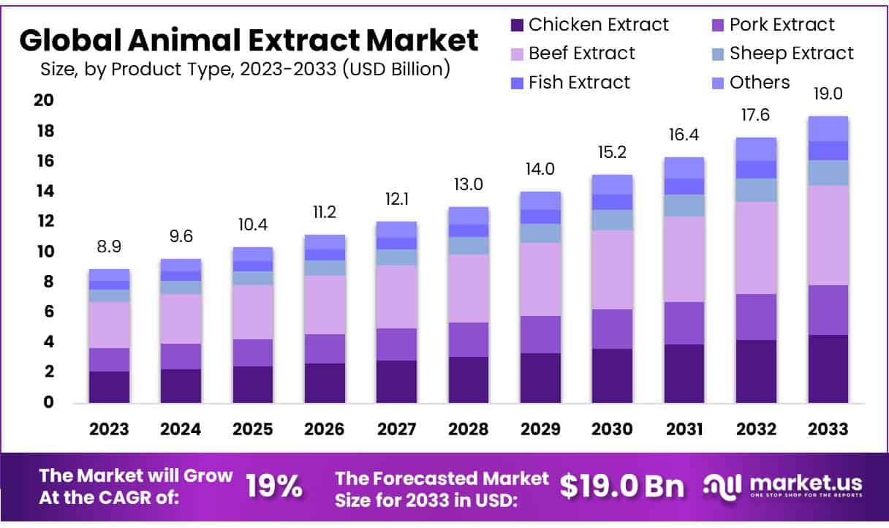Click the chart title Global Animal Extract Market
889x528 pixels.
coord(249,39)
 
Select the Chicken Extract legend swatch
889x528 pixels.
coord(517,25)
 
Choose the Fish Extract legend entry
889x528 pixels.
coord(570,82)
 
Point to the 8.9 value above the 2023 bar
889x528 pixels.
coord(109,247)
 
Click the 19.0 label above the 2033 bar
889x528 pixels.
coord(828,94)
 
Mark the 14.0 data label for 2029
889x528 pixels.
coord(540,169)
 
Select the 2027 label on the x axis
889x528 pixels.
coord(396,429)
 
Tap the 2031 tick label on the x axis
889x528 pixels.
coord(684,429)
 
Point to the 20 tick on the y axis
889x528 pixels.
coord(43,100)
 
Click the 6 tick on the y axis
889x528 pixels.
coord(47,312)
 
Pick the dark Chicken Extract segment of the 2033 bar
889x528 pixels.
coord(828,369)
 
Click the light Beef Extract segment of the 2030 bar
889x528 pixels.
coord(612,269)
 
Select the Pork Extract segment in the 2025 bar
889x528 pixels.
coord(252,352)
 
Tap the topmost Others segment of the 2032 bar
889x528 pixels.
coord(756,148)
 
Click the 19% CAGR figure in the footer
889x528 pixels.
coord(273,486)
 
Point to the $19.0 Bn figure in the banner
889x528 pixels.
coord(622,486)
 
